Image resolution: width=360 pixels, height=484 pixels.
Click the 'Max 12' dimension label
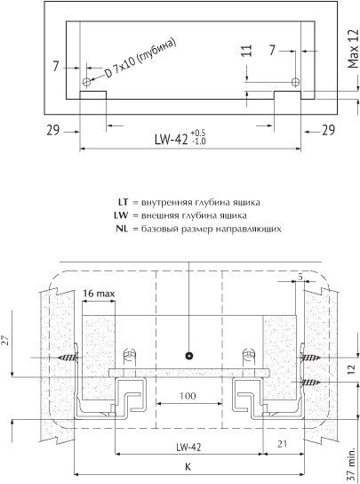point(353,49)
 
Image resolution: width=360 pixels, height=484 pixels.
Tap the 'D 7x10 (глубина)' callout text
point(140,59)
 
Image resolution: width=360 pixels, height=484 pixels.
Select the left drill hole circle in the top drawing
point(87,82)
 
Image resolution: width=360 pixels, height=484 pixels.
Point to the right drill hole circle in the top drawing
point(295,82)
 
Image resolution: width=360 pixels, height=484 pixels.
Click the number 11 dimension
point(246,51)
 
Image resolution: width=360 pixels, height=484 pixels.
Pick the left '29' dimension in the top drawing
point(53,130)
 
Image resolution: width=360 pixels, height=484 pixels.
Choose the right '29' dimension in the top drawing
point(328,130)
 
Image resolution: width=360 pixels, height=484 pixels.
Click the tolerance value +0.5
point(198,133)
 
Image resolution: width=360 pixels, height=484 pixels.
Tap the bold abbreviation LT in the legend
point(123,203)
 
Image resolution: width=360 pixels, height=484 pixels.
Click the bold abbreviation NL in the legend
point(122,229)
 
